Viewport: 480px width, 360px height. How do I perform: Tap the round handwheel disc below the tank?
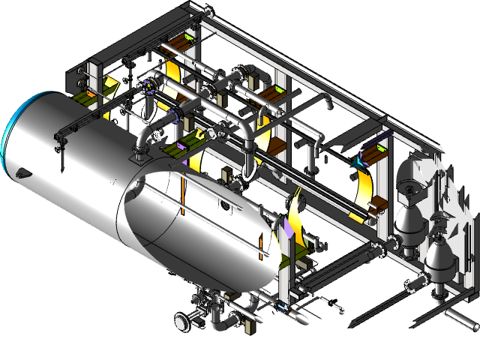(x=181, y=322)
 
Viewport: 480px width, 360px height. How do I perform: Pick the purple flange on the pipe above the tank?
(x=176, y=115)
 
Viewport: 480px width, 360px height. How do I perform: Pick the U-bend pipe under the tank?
(x=220, y=319)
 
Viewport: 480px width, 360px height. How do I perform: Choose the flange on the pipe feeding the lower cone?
(x=412, y=285)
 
